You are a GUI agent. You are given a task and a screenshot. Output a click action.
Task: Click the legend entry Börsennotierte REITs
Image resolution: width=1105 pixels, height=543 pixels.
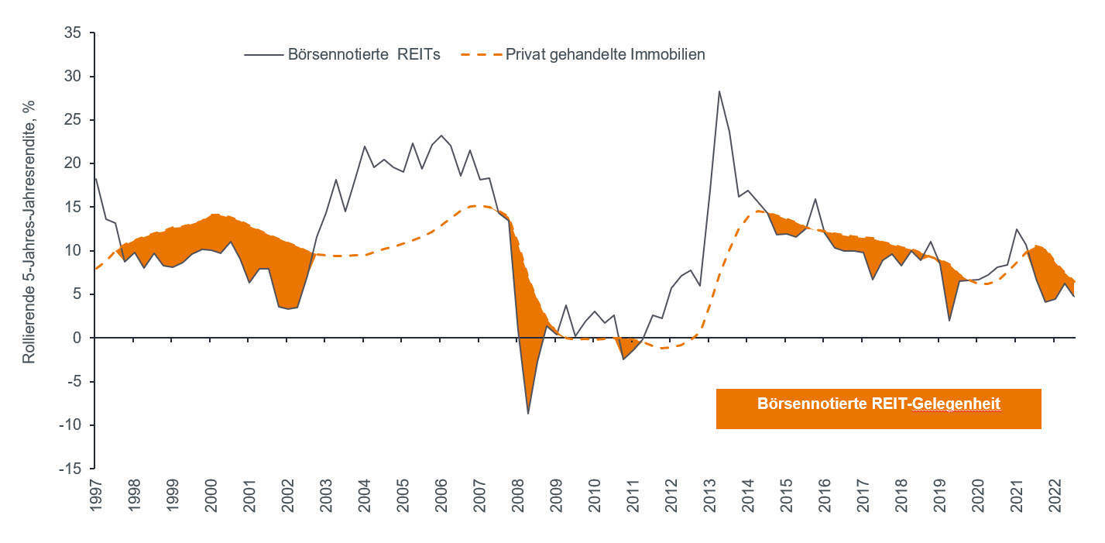tap(364, 55)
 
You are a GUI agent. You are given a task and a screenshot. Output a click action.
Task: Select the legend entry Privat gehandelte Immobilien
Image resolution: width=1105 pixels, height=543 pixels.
tap(605, 55)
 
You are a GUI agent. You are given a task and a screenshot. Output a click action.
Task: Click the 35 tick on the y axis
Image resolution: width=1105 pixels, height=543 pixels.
tap(76, 33)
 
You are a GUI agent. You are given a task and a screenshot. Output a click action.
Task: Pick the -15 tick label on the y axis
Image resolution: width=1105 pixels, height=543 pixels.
tap(74, 469)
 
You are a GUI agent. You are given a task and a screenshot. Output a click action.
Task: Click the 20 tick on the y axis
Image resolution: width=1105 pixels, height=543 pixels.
tap(76, 163)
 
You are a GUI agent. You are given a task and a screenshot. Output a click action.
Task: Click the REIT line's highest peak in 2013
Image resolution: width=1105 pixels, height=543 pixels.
tap(719, 91)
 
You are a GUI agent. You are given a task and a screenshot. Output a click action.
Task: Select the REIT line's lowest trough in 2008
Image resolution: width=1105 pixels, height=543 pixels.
tap(528, 413)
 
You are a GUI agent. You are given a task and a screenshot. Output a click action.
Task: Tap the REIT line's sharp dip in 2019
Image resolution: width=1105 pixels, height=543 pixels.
tap(949, 320)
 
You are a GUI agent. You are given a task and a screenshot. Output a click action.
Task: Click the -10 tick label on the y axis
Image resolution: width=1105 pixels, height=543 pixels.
tap(74, 425)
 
